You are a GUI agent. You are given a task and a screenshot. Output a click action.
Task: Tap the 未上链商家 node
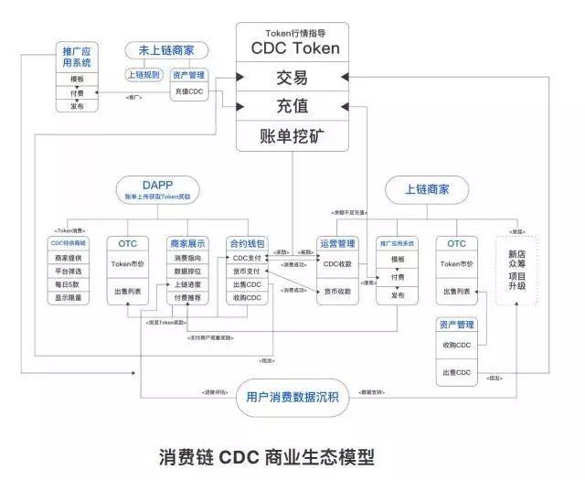click(x=172, y=49)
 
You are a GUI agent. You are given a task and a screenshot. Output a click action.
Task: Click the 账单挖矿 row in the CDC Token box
click(x=292, y=136)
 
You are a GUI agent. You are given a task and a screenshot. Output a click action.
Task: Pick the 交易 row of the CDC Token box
click(x=292, y=78)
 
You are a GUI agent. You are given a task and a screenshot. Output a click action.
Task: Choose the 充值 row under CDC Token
click(x=292, y=107)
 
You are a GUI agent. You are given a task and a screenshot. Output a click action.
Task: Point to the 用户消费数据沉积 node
click(x=292, y=396)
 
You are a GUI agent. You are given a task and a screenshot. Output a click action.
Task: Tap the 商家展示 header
click(x=188, y=244)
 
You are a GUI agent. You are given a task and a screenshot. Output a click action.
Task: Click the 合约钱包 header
click(x=248, y=244)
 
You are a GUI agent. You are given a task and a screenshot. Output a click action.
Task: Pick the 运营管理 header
click(x=337, y=244)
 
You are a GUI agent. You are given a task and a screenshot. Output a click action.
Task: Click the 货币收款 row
click(x=337, y=291)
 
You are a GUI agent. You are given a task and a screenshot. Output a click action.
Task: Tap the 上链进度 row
click(x=188, y=284)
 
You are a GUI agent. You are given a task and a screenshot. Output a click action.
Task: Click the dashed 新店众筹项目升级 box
click(x=518, y=270)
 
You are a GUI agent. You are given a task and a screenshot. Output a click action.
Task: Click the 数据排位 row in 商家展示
click(x=188, y=272)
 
